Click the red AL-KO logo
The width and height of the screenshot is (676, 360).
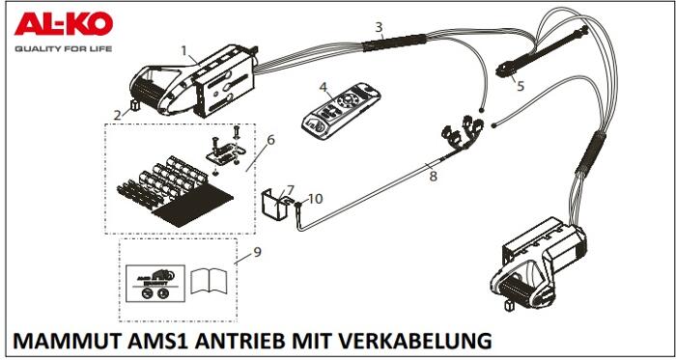[64, 24]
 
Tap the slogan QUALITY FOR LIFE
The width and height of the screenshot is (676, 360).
[64, 48]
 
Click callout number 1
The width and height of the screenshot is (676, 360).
[183, 51]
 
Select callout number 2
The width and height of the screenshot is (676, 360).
[117, 115]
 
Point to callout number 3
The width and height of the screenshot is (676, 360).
[379, 27]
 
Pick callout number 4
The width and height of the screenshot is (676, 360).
[323, 87]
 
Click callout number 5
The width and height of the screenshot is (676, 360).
[521, 86]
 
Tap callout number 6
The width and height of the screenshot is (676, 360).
[270, 140]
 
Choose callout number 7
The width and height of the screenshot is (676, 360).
[290, 190]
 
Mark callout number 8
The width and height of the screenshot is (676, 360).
[433, 176]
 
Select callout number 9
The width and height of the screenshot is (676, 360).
[258, 252]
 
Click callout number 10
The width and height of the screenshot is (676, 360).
[315, 199]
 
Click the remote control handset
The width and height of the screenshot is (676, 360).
[341, 111]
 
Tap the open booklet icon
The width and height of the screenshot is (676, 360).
[210, 281]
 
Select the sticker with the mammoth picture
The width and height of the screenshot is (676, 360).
[155, 284]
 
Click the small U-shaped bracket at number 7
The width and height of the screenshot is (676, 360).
[277, 204]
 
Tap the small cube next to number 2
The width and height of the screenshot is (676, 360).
[135, 105]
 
